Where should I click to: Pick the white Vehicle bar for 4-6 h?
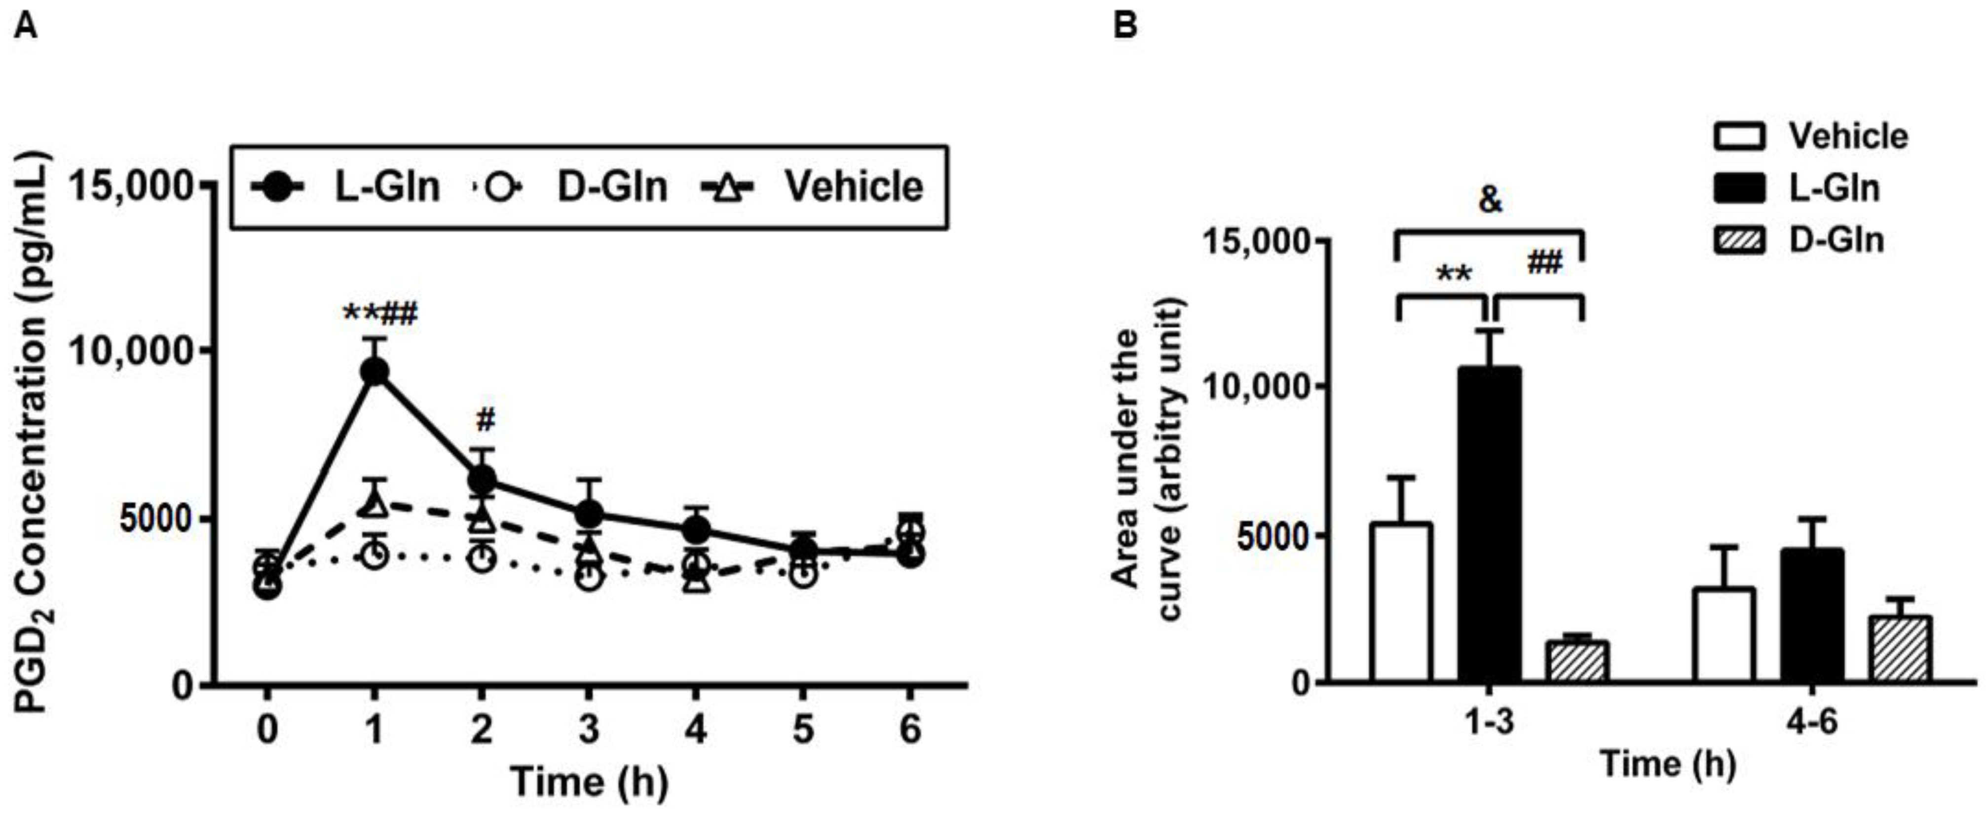click(x=1724, y=634)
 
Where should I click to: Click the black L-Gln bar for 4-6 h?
click(x=1812, y=615)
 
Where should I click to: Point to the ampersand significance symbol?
click(x=1490, y=200)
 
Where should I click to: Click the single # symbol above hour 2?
click(x=485, y=420)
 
